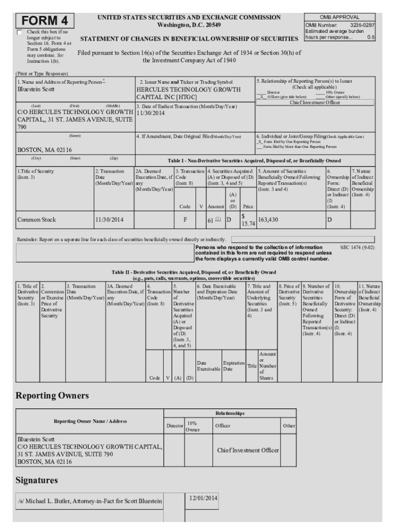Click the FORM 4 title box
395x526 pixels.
pos(45,21)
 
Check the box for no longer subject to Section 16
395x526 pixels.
pos(20,32)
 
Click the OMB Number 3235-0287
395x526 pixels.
pos(340,24)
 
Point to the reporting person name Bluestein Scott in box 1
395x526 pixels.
pos(37,89)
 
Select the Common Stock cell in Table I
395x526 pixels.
pos(36,219)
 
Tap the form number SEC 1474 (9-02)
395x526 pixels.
pos(357,248)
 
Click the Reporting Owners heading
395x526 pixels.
pos(52,396)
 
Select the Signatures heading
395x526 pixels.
pos(36,480)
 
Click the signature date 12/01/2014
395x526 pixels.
pos(203,498)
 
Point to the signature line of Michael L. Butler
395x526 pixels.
pos(90,501)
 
